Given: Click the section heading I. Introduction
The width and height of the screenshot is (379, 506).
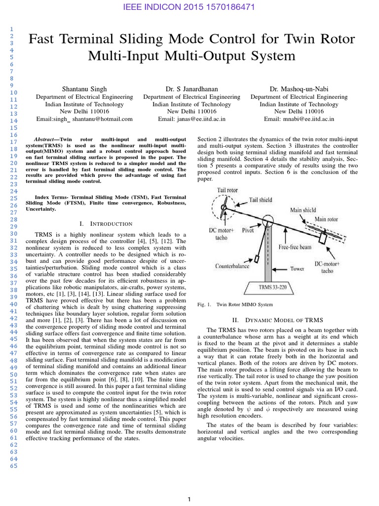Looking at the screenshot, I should (x=106, y=224).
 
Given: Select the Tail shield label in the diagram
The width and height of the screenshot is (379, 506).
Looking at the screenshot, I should (x=261, y=200).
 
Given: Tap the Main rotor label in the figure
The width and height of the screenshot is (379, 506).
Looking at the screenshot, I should (x=326, y=219).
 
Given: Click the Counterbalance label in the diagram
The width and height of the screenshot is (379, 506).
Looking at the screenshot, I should (x=233, y=265).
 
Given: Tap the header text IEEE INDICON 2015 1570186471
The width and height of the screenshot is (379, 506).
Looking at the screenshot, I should (x=189, y=8).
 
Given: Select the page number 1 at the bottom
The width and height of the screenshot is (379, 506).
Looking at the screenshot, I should (x=189, y=500).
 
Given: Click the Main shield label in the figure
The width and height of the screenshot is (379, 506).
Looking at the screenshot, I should (x=303, y=210).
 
